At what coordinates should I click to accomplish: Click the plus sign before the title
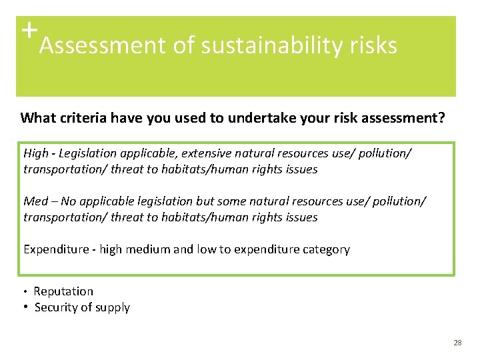pos(28,30)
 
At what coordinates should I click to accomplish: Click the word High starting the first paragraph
pos(36,153)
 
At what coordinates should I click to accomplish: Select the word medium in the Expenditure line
pos(147,249)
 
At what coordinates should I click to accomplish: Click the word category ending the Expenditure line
pos(325,249)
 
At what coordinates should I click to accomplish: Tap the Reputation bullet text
pos(63,291)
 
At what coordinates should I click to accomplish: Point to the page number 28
pos(457,343)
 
